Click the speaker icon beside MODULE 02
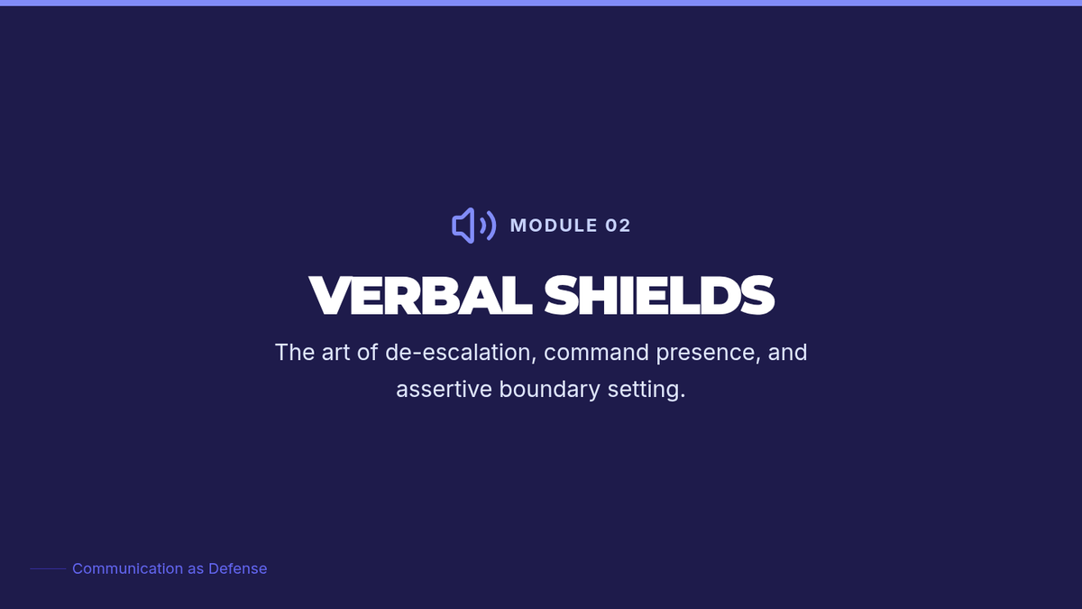[473, 226]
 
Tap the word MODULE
[554, 226]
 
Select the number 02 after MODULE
[618, 226]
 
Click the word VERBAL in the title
[420, 295]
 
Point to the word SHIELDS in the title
[659, 295]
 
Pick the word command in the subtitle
[596, 353]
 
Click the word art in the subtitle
[335, 353]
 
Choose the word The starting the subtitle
[295, 353]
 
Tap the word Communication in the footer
[128, 569]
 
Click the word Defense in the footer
[237, 569]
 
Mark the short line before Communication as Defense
[49, 569]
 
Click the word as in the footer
[196, 570]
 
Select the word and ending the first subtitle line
[787, 353]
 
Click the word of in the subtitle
[367, 353]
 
